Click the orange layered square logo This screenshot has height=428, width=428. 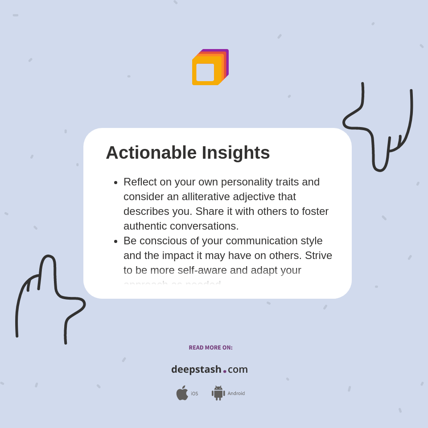pos(210,67)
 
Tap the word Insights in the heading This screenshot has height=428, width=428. pos(236,153)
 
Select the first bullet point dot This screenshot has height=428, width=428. pos(116,182)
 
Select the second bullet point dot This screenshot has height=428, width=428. pos(116,241)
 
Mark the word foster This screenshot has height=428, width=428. pos(315,211)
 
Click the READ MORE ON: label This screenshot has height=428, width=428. pos(210,348)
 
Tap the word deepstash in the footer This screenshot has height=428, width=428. pos(196,370)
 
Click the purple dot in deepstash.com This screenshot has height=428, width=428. pos(225,371)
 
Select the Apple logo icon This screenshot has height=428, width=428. pos(182,393)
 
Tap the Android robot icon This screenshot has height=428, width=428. pos(218,393)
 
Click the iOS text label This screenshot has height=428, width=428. pos(194,394)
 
